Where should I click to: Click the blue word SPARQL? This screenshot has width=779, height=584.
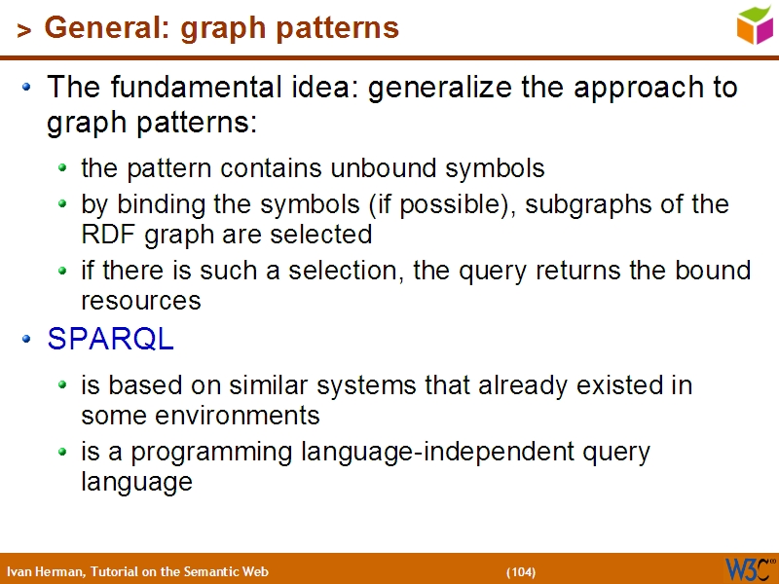[111, 339]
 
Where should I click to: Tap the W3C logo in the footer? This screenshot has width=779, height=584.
[748, 568]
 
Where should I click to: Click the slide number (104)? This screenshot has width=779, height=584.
[520, 572]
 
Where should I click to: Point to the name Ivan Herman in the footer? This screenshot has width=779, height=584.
[45, 572]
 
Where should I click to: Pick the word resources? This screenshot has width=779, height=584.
[140, 301]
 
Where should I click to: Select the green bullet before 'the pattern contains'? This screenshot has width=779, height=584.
[62, 168]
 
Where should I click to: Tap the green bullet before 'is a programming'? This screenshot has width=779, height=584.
[62, 452]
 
